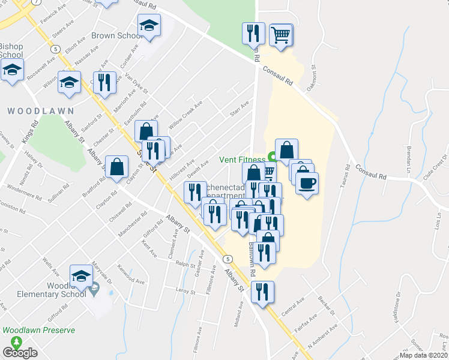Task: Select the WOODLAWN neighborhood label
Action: pos(41,111)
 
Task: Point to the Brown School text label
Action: pos(116,36)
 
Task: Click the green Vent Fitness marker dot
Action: pos(272,159)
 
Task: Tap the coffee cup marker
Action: pos(306,184)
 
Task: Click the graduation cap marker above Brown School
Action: pos(149,26)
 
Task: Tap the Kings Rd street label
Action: pos(27,132)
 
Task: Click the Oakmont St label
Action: pos(312,77)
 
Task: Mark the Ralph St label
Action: pos(182,263)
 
